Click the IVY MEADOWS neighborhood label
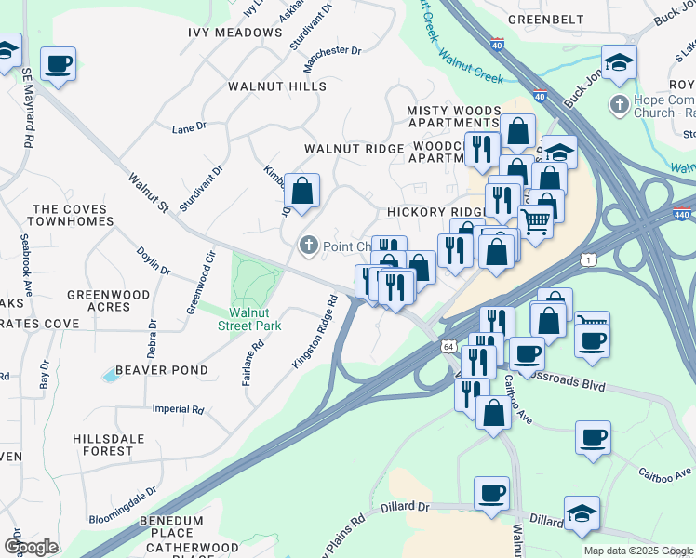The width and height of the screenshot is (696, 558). coord(248,33)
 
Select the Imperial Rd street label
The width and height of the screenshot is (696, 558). coord(178,409)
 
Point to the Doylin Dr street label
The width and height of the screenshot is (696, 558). coord(154,261)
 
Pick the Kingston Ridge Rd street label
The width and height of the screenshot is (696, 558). coord(316,332)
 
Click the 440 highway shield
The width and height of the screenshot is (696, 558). coord(684,213)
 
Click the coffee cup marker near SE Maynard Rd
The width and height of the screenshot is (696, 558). coord(59,64)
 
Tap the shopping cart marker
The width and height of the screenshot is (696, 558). coord(535,222)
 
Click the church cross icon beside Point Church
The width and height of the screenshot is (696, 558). coord(308,246)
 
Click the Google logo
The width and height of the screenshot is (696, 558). coord(31,547)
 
